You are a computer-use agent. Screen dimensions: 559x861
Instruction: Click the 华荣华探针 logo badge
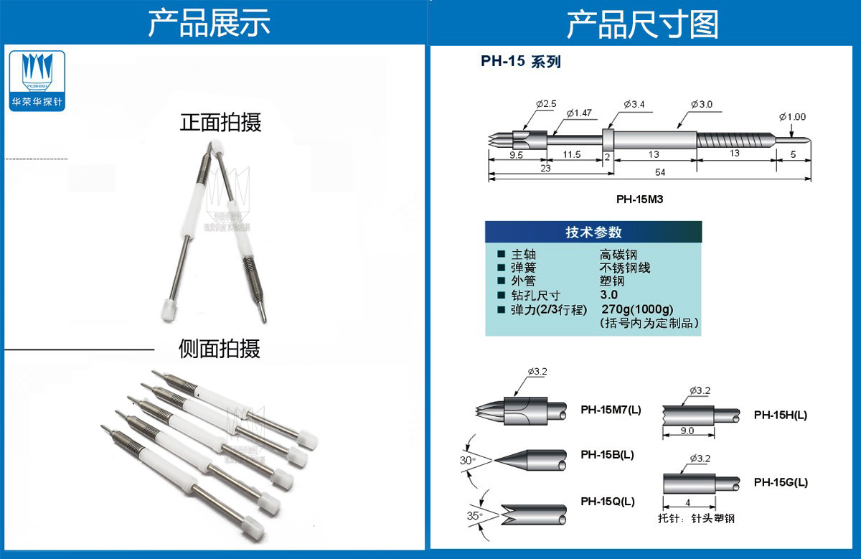coord(38,80)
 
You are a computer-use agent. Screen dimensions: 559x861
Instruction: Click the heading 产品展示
coord(209,24)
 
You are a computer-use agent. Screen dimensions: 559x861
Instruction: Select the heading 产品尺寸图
coord(642,24)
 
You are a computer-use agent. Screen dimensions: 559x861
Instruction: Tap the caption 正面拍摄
coord(220,123)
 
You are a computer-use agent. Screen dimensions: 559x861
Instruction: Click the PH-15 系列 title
coord(520,62)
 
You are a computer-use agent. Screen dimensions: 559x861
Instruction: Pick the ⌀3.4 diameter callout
coord(634,105)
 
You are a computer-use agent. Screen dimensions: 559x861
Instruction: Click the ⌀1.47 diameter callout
coord(579,113)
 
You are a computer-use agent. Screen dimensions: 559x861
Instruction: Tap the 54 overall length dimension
coord(659,173)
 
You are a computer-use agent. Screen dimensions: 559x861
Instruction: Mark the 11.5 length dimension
coord(572,154)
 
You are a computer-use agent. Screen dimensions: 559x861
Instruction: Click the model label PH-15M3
coord(639,199)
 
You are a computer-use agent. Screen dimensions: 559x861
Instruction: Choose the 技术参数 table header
coord(593,232)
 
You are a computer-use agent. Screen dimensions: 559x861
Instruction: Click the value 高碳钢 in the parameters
coord(618,255)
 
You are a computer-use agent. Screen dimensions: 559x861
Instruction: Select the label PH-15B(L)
coord(607,455)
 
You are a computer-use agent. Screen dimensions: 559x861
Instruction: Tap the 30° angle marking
coord(468,461)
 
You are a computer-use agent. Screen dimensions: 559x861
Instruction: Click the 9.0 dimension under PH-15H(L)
coord(687,431)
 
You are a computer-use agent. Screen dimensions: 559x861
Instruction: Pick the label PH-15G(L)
coord(781,482)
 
